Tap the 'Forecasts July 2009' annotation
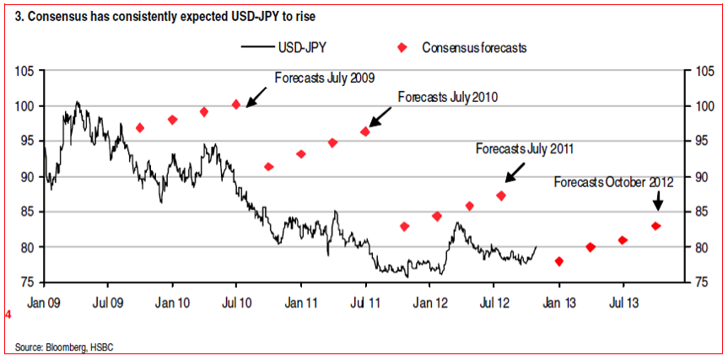click(325, 78)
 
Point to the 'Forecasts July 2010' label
click(447, 97)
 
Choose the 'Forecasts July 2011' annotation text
click(525, 149)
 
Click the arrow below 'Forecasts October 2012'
click(658, 202)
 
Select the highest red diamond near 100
click(236, 105)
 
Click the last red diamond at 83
click(655, 226)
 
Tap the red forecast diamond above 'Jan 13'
click(558, 261)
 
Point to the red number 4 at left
click(8, 315)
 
